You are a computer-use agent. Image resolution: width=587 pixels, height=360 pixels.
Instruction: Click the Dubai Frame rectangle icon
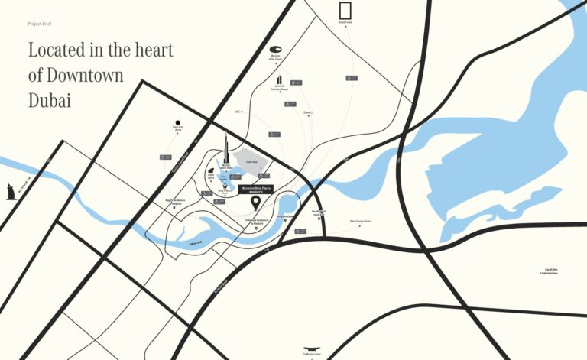(x=345, y=11)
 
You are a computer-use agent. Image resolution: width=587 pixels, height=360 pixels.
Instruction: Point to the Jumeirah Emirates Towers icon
(x=280, y=79)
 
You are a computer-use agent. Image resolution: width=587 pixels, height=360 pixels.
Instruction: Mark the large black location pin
(x=256, y=202)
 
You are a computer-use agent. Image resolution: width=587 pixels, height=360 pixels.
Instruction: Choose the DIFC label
(x=238, y=112)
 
